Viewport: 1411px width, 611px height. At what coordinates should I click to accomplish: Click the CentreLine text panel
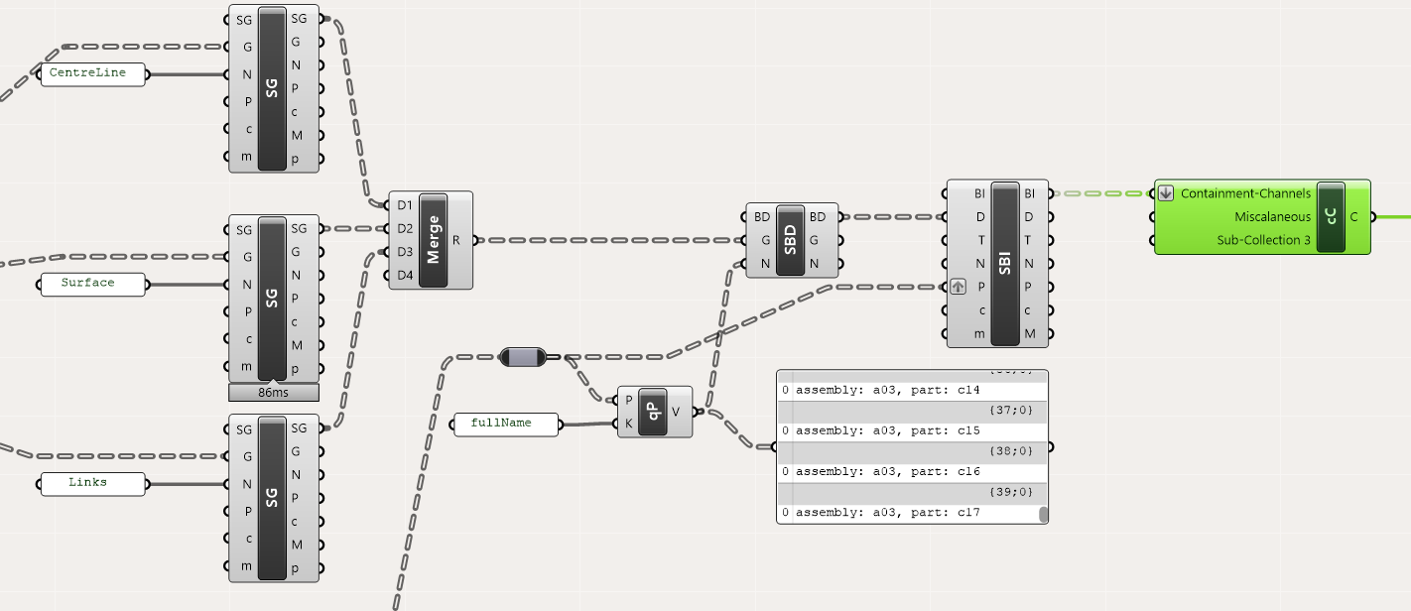point(91,74)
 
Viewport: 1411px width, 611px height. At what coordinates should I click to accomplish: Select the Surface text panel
point(91,285)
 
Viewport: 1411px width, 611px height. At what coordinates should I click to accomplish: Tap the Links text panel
point(91,484)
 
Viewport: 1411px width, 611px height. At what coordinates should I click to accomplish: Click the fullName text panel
point(506,425)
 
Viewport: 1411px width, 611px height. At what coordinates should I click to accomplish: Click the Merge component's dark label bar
point(434,240)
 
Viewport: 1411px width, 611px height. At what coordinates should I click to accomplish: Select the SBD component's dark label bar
point(791,240)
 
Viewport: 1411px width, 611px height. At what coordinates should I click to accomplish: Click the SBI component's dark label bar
point(1005,264)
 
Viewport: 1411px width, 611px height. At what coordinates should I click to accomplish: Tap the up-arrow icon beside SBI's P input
point(958,287)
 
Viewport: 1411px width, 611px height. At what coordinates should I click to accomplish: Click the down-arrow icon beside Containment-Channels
point(1166,193)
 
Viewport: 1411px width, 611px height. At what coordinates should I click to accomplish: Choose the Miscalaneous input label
point(1272,216)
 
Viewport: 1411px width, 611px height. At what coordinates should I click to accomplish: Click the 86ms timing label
point(273,393)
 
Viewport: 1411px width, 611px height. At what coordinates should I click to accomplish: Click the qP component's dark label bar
point(653,412)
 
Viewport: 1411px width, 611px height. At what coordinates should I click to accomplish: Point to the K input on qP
point(628,424)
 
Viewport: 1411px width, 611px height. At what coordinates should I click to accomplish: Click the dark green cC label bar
point(1330,216)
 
